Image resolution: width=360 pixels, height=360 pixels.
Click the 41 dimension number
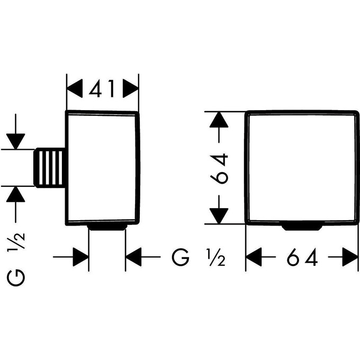coord(103,89)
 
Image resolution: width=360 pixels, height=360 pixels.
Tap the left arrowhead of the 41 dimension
coord(75,89)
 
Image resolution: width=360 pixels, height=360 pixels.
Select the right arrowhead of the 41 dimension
coord(130,89)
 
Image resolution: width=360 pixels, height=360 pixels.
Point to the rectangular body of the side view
coord(103,168)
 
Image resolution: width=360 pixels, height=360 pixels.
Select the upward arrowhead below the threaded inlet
coord(16,195)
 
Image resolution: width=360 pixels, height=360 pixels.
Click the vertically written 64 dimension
coord(219,168)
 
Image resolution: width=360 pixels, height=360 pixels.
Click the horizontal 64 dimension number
coord(302,258)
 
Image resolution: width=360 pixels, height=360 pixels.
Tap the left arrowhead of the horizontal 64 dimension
coord(255,258)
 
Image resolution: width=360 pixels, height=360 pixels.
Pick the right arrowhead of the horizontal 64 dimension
coord(350,258)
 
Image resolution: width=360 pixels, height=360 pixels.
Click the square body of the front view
coord(301,168)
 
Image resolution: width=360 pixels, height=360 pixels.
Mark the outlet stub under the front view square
coord(301,228)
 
